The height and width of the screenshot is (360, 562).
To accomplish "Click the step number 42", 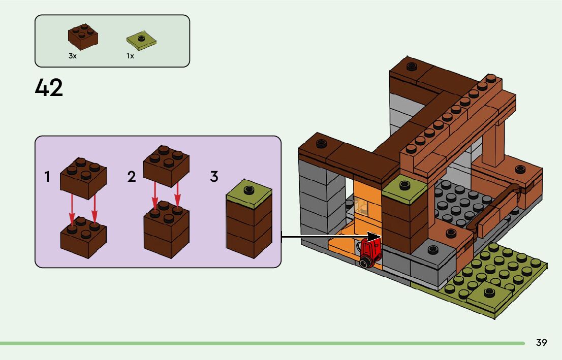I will click(x=49, y=88).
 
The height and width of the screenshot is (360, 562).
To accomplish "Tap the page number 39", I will click(x=541, y=343).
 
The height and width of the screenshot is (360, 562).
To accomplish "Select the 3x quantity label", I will click(x=73, y=56).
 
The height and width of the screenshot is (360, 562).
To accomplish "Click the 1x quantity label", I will click(x=131, y=56).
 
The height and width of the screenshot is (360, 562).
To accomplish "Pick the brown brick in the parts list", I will click(x=83, y=37).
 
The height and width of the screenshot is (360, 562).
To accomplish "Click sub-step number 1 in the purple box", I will click(x=47, y=177).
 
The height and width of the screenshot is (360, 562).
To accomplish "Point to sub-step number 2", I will click(x=132, y=177).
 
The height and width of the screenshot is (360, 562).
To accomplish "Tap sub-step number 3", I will click(x=214, y=177).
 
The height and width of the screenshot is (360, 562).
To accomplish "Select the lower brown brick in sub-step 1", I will click(x=83, y=237).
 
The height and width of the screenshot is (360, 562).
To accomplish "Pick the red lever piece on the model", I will click(x=371, y=252).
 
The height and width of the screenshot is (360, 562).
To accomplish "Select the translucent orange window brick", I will click(x=362, y=206).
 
